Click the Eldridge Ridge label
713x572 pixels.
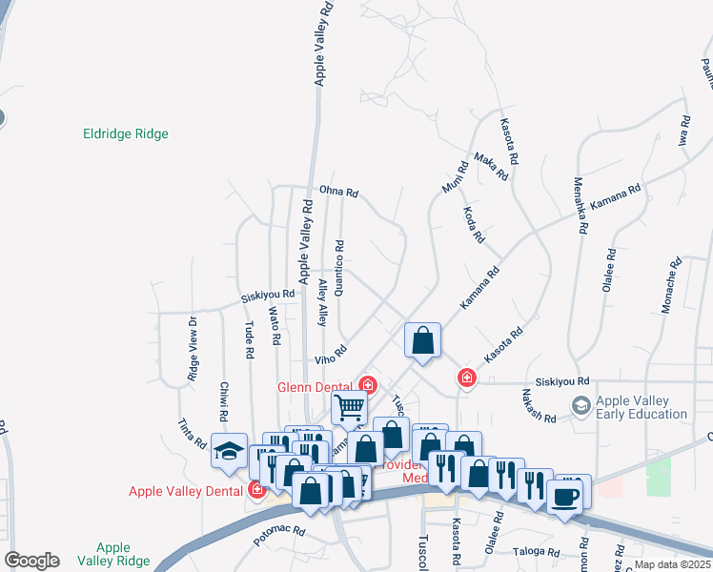[126, 134]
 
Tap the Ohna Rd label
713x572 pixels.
[338, 192]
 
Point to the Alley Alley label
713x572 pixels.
[322, 303]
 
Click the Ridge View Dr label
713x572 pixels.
[193, 336]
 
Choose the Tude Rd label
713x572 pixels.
[250, 338]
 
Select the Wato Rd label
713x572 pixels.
[274, 325]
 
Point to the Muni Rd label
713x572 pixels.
[454, 176]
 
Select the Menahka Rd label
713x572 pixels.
[580, 205]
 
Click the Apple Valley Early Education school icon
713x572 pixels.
[580, 407]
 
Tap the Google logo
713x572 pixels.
[31, 561]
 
